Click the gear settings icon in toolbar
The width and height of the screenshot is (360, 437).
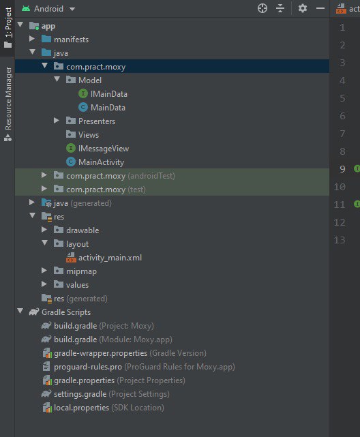point(303,8)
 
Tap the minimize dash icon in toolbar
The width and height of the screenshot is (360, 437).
point(320,8)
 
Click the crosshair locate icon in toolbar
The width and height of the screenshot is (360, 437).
point(262,8)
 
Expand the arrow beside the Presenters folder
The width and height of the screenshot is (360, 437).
point(57,121)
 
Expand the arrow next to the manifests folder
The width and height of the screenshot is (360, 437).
point(32,39)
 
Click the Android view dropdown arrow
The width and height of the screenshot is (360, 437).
point(72,9)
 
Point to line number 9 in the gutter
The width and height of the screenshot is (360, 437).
point(342,169)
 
